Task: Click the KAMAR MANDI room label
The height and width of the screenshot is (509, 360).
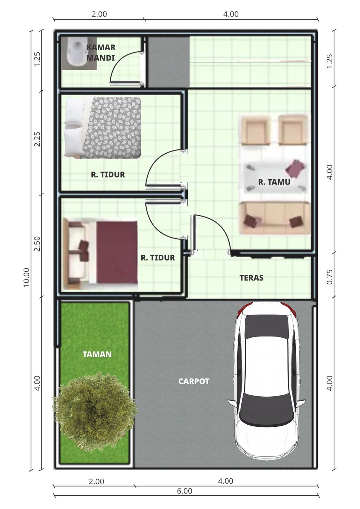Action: [101, 52]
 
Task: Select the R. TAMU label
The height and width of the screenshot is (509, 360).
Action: [274, 182]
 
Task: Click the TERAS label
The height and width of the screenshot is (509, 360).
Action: [252, 278]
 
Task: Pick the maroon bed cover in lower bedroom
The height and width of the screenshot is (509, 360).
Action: [117, 252]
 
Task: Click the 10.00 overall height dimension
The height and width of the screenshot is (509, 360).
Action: [27, 277]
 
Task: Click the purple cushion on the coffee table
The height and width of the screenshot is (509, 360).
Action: [295, 168]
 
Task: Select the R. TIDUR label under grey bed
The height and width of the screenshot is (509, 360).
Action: [108, 175]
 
